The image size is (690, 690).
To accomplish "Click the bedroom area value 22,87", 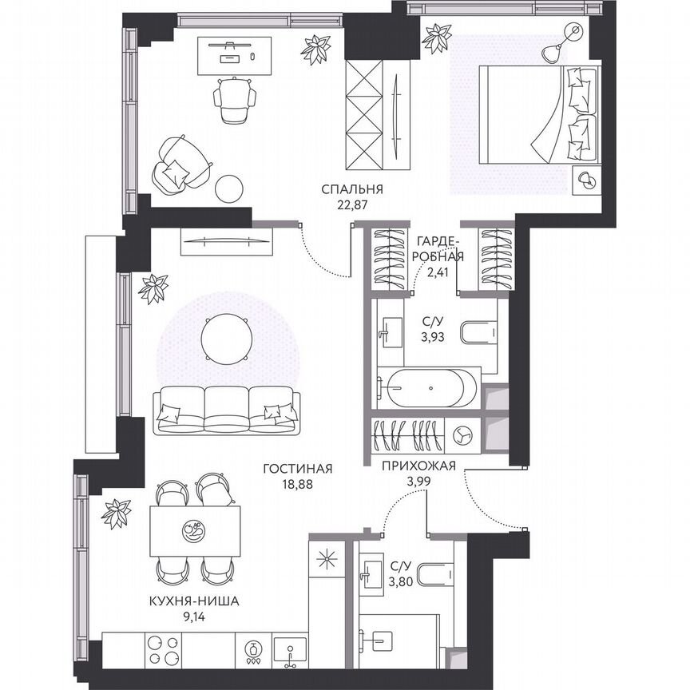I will pos(351,204).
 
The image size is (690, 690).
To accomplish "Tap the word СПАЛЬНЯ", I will pos(352,189).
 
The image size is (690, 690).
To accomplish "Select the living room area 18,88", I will pos(297,483).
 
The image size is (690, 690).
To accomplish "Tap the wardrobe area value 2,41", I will pos(438,272).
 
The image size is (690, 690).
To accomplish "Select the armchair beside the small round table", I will pos(180,164).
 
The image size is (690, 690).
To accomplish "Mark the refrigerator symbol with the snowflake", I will pos(326,559).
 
